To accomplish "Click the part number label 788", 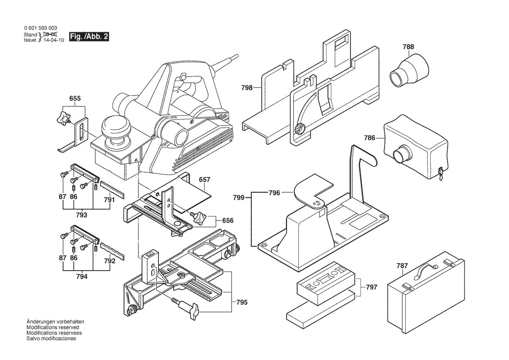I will [408, 47].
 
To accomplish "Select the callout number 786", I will [370, 138].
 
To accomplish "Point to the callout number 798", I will [247, 88].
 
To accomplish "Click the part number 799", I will [238, 197].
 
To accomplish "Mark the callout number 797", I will [371, 287].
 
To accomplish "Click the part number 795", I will [243, 302].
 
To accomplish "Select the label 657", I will [204, 180].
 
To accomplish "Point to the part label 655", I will [75, 99].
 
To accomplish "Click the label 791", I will [109, 200].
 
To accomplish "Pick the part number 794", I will [81, 276].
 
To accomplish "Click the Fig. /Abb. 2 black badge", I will [89, 37].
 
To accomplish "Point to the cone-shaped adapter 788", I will [408, 70].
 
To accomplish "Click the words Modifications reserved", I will [53, 327].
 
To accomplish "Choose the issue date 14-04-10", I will [54, 40].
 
